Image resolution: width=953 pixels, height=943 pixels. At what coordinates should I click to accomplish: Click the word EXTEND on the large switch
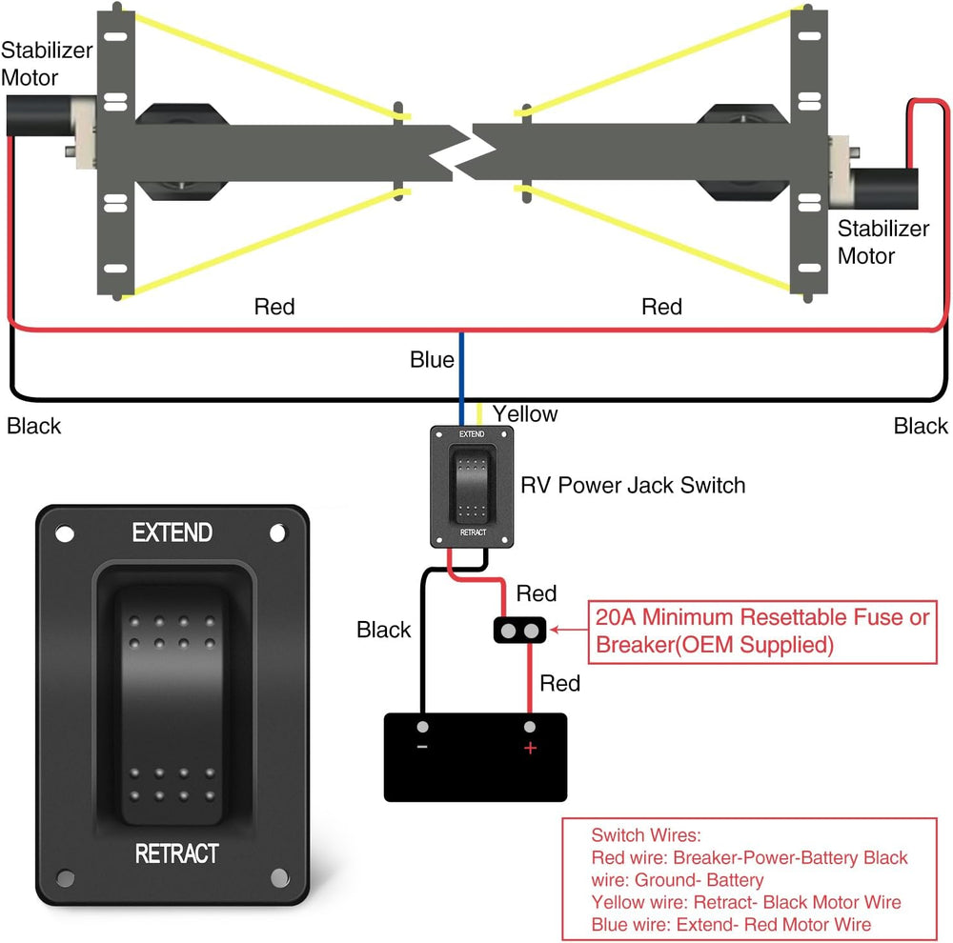tap(172, 532)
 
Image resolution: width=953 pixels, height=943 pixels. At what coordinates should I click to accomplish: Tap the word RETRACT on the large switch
tap(176, 853)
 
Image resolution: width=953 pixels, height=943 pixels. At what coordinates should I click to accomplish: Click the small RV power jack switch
tap(473, 486)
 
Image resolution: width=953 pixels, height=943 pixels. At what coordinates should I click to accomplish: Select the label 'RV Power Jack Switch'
tap(632, 486)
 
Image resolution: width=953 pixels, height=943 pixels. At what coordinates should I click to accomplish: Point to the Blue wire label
tap(432, 360)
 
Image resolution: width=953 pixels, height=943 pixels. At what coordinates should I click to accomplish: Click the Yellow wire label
tap(525, 414)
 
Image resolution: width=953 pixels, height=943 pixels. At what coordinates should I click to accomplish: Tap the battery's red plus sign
tap(530, 748)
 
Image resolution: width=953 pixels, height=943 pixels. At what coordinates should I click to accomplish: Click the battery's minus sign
tap(422, 747)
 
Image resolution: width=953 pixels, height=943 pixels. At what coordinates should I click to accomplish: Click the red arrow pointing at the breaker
tap(569, 630)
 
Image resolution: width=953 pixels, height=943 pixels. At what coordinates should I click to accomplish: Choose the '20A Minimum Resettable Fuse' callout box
tap(760, 632)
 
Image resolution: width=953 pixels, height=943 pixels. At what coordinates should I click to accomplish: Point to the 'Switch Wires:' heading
tap(645, 835)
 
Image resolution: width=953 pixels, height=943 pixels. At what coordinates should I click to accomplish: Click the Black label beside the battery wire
tap(383, 630)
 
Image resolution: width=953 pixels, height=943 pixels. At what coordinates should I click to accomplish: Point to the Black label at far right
tap(921, 426)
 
